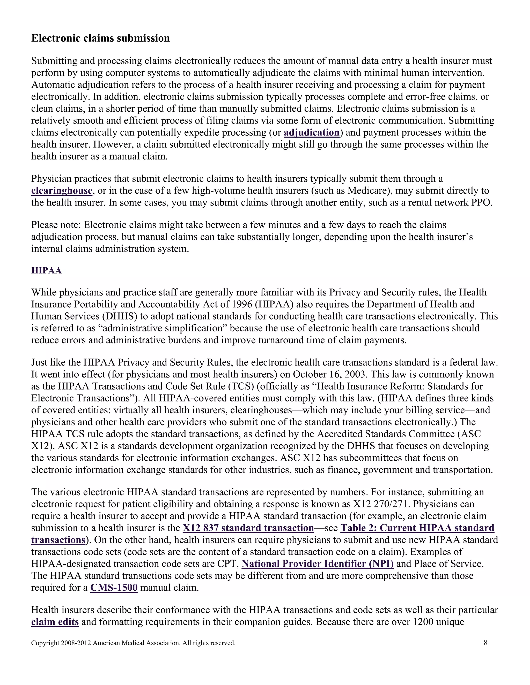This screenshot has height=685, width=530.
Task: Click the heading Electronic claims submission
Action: click(100, 38)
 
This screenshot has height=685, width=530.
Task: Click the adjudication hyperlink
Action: click(312, 133)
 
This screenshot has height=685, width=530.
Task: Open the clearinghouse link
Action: click(62, 191)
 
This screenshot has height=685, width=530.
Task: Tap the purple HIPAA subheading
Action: click(47, 271)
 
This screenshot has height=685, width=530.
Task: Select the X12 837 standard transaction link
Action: click(248, 528)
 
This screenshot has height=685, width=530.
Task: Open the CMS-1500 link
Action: click(114, 588)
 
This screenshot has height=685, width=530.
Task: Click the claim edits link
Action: click(55, 622)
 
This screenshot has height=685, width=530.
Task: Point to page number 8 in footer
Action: click(485, 643)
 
